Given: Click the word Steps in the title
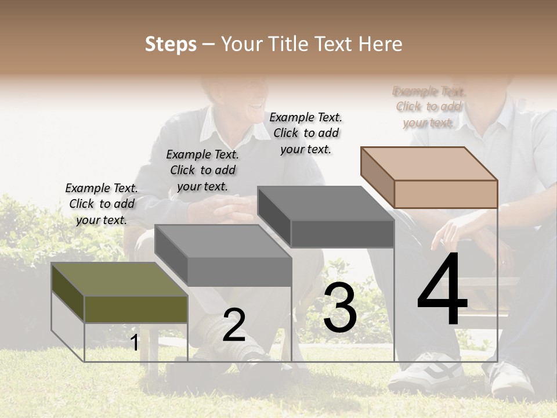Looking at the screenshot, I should [x=171, y=44].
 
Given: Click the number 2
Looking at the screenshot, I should [x=234, y=325].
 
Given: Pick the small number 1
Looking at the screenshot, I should [x=134, y=343].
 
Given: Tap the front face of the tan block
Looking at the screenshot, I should [x=446, y=194].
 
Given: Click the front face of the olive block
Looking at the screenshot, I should [x=136, y=309].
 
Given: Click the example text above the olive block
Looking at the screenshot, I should [x=102, y=204].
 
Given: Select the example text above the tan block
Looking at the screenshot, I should [x=429, y=107].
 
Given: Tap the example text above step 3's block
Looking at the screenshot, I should [x=306, y=133].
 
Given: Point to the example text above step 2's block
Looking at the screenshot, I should [x=202, y=170].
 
